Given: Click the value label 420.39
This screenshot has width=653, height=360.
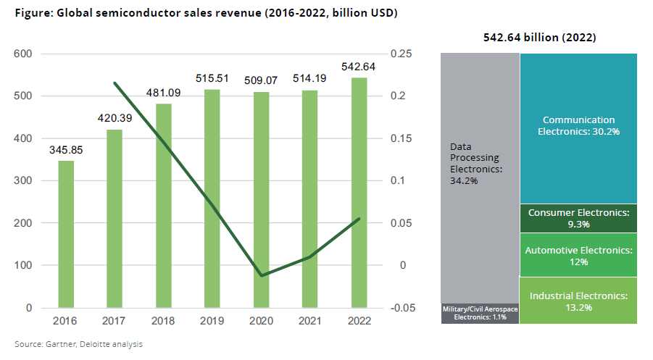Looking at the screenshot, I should [115, 118].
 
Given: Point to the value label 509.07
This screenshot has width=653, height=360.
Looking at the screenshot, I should [261, 80].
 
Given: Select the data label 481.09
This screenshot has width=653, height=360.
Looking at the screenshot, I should [163, 93].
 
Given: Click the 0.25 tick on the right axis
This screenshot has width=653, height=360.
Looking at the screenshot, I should [402, 54].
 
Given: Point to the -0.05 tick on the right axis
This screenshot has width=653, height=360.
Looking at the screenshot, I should [402, 308].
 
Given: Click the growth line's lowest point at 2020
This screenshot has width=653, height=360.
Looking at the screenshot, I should [261, 276].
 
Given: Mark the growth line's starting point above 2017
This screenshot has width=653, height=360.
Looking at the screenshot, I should [115, 83].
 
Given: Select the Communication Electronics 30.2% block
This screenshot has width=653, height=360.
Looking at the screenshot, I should [578, 126].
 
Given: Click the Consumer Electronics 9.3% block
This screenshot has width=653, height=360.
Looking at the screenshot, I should [578, 218].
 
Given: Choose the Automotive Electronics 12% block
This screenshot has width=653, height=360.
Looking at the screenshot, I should [578, 254].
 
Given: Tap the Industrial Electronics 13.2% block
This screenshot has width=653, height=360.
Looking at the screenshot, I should [578, 301].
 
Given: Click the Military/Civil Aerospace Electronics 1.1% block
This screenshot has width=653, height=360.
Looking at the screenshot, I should [480, 313].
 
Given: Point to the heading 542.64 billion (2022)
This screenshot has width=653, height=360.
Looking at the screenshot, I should [545, 37].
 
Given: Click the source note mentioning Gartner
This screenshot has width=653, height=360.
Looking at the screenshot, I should [78, 344].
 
